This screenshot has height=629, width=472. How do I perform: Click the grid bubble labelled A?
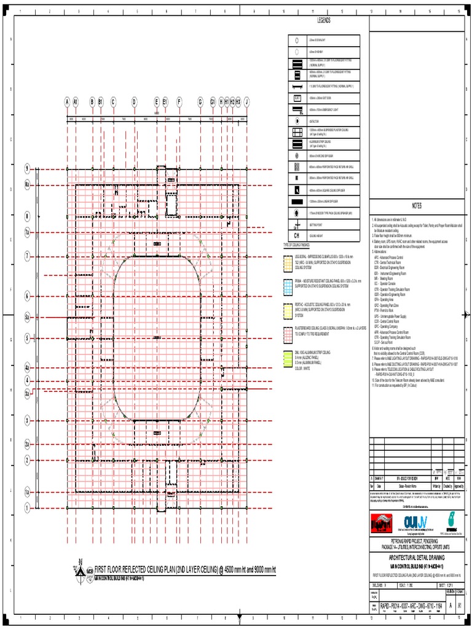pyautogui.click(x=67, y=102)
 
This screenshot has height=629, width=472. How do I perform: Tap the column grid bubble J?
pyautogui.click(x=246, y=102)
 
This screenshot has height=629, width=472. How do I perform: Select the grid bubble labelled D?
pyautogui.click(x=134, y=102)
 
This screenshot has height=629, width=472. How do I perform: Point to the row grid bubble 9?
pyautogui.click(x=27, y=168)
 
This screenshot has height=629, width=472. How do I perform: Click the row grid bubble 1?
pyautogui.click(x=27, y=507)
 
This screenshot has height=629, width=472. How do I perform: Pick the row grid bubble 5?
pyautogui.click(x=27, y=338)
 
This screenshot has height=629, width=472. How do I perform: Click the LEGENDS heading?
pyautogui.click(x=324, y=21)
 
